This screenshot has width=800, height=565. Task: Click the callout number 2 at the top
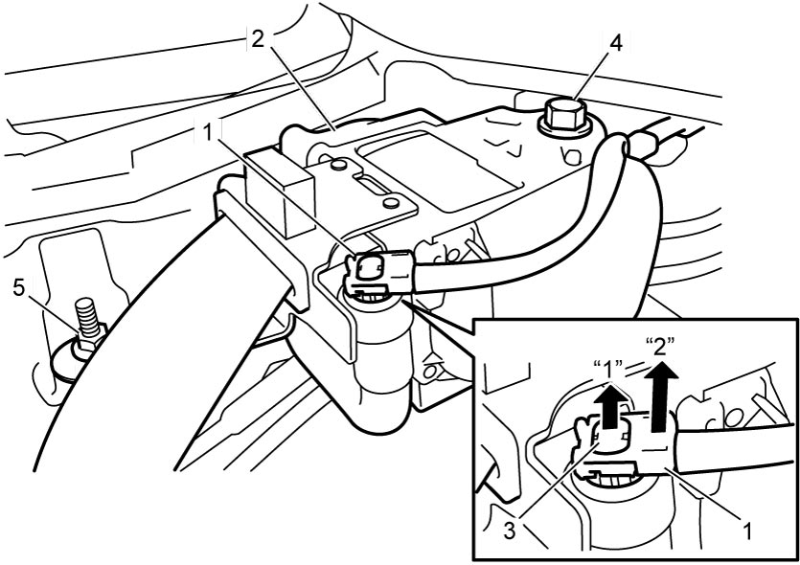pyautogui.click(x=258, y=39)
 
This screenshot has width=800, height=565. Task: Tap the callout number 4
pyautogui.click(x=616, y=44)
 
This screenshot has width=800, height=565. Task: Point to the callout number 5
pyautogui.click(x=19, y=288)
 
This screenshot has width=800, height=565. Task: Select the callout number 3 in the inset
pyautogui.click(x=510, y=531)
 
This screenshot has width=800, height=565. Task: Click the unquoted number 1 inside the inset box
pyautogui.click(x=747, y=531)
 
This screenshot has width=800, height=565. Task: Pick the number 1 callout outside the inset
pyautogui.click(x=207, y=132)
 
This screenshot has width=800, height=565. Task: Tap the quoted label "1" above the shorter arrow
pyautogui.click(x=609, y=370)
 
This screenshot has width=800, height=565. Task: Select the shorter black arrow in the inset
pyautogui.click(x=609, y=406)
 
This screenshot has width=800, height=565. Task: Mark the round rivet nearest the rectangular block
pyautogui.click(x=338, y=166)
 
